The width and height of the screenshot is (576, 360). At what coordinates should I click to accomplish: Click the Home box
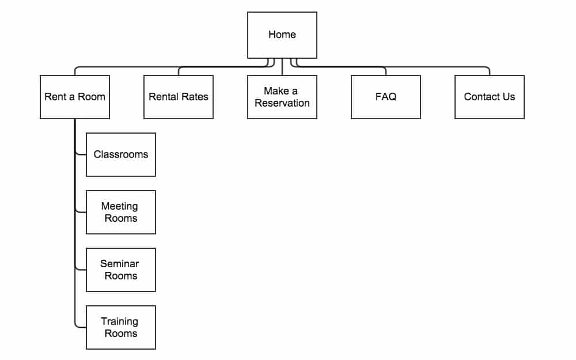[282, 35]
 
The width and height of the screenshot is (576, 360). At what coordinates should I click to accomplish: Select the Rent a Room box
[75, 97]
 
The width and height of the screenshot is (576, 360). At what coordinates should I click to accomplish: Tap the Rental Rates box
[179, 97]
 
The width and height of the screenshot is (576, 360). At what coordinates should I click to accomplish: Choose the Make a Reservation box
[282, 97]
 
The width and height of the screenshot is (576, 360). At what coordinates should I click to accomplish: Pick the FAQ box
[386, 97]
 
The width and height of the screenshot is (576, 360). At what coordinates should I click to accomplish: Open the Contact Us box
[490, 97]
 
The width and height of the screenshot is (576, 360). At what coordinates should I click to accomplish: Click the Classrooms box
[121, 154]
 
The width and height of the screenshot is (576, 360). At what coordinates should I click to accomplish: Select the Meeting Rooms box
[121, 213]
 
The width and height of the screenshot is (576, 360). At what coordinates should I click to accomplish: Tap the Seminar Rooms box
[121, 270]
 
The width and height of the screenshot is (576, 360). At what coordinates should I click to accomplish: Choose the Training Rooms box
[121, 327]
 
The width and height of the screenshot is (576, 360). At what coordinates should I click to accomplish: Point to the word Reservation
[282, 103]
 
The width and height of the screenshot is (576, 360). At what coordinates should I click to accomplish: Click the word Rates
[194, 97]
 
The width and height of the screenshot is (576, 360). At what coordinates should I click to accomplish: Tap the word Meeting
[120, 206]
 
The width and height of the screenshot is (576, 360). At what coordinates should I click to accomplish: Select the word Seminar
[120, 264]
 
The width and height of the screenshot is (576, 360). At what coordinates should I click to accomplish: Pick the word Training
[120, 322]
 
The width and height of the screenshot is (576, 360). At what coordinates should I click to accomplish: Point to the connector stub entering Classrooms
[81, 154]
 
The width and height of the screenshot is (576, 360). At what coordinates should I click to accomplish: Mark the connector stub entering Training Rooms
[81, 327]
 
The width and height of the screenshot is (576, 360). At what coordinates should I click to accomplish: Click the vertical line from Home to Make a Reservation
[282, 67]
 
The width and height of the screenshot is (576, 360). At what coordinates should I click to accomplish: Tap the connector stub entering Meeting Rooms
[81, 212]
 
